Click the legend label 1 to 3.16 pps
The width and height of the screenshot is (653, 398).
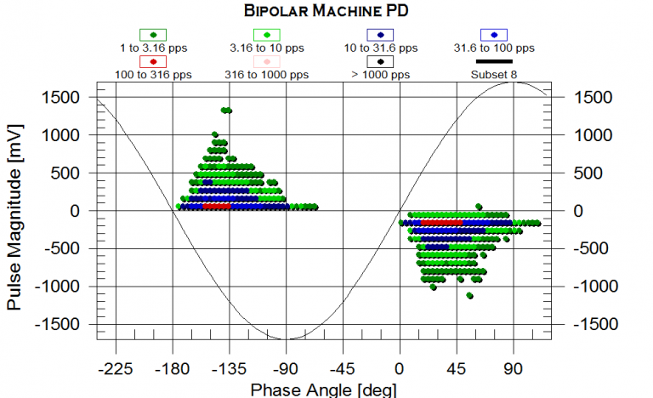click(x=153, y=48)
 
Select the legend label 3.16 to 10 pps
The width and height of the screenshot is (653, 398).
click(x=267, y=48)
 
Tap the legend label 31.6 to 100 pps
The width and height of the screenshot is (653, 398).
click(x=494, y=48)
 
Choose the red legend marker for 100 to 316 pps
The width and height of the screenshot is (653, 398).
click(x=153, y=62)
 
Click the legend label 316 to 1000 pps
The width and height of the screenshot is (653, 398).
click(x=267, y=75)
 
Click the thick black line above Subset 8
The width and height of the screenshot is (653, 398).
click(x=494, y=61)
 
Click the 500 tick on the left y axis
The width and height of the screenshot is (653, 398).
click(x=65, y=173)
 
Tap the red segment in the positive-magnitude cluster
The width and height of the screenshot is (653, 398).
click(x=217, y=207)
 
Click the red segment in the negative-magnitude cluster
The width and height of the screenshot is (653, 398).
click(x=441, y=223)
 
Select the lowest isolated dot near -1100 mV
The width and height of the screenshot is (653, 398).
click(x=469, y=296)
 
